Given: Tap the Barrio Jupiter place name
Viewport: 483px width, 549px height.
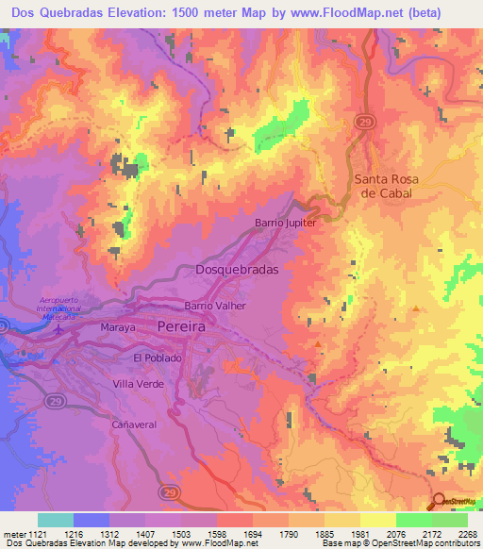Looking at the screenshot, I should point(285,224).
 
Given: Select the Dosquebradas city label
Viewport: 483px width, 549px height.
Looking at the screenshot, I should point(237,270).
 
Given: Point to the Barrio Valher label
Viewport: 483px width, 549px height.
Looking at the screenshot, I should point(215,306).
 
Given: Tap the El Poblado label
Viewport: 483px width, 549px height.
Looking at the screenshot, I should point(157,358).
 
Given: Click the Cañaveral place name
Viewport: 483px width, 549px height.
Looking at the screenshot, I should point(133,424).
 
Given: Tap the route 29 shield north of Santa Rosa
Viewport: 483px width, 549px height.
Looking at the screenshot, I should point(364,122).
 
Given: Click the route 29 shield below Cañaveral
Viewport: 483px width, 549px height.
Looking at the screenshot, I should point(169,492).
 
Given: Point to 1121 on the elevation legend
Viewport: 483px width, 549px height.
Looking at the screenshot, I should point(36,533).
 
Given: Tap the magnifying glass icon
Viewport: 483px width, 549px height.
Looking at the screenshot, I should point(439,504).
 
